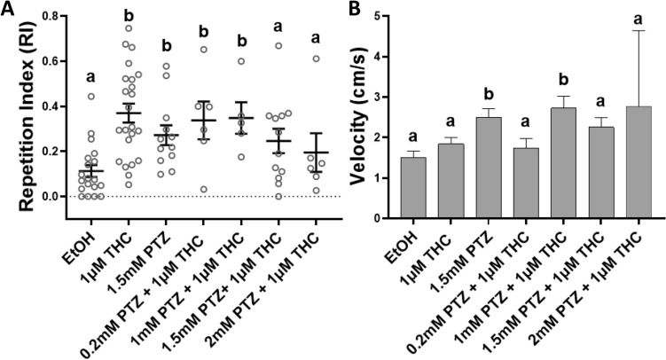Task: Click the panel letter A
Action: point(8,11)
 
